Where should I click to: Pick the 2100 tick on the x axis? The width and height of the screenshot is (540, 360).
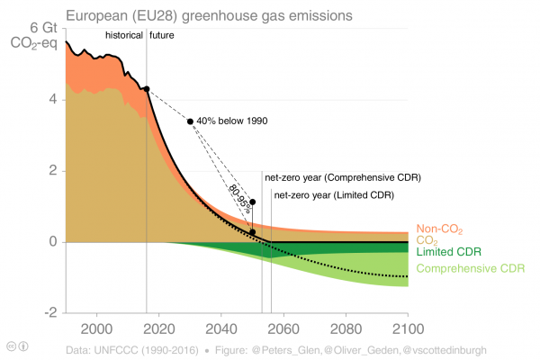[x=407, y=328]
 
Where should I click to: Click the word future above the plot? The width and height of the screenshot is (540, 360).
[x=163, y=35]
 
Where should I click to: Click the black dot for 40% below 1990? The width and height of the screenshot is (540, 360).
[x=190, y=121]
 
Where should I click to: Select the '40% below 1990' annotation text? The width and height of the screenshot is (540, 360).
[x=232, y=121]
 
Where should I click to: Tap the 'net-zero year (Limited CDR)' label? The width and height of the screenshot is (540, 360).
[x=334, y=194]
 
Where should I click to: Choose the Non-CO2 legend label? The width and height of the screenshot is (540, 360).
[x=440, y=229]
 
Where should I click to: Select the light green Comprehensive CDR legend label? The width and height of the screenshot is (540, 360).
[x=471, y=268]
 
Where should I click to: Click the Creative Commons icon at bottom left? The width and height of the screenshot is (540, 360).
[x=11, y=346]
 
